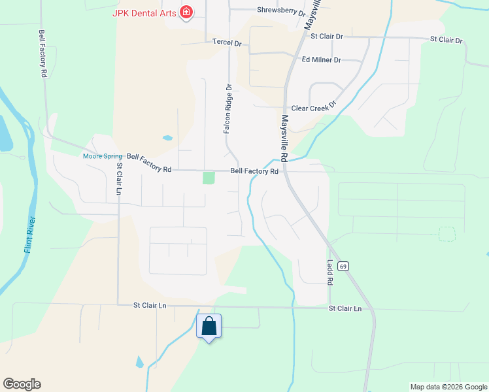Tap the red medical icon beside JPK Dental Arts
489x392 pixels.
[x=186, y=12]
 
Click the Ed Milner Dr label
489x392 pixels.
[x=321, y=59]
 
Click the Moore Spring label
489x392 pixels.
[x=103, y=156]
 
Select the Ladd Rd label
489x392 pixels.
[x=330, y=272]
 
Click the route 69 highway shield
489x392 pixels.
[x=344, y=266]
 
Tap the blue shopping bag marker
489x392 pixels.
[x=209, y=326]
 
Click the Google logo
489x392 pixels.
[x=22, y=384]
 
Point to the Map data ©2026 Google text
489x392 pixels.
[x=448, y=387]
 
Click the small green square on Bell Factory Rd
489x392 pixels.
[x=209, y=178]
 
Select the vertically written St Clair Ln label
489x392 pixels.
[x=120, y=178]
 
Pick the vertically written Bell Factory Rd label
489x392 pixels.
[x=42, y=54]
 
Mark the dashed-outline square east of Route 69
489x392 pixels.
[x=447, y=234]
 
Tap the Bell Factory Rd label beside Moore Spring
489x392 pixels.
[x=149, y=163]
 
